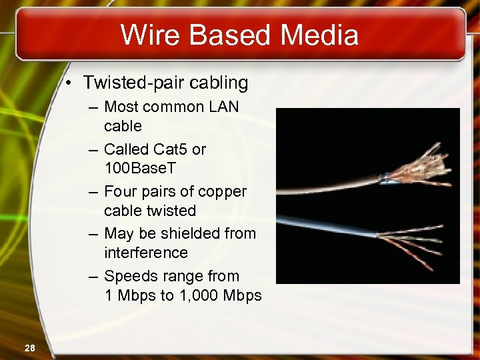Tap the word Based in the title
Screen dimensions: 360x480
pyautogui.click(x=229, y=35)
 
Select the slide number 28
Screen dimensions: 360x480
pyautogui.click(x=31, y=347)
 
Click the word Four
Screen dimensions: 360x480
pyautogui.click(x=121, y=192)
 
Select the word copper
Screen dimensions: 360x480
pyautogui.click(x=221, y=192)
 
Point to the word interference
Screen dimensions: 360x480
pyautogui.click(x=146, y=253)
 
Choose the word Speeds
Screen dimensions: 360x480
pyautogui.click(x=129, y=276)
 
